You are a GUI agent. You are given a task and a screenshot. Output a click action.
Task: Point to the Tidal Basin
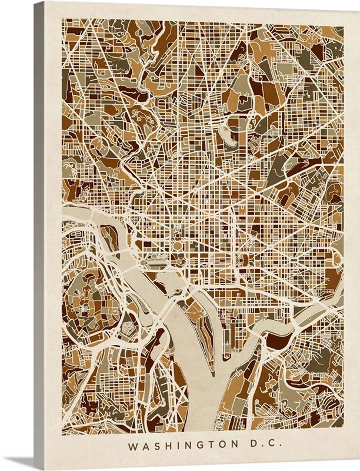click(171, 277)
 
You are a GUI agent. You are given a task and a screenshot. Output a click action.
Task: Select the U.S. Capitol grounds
click(242, 260)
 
